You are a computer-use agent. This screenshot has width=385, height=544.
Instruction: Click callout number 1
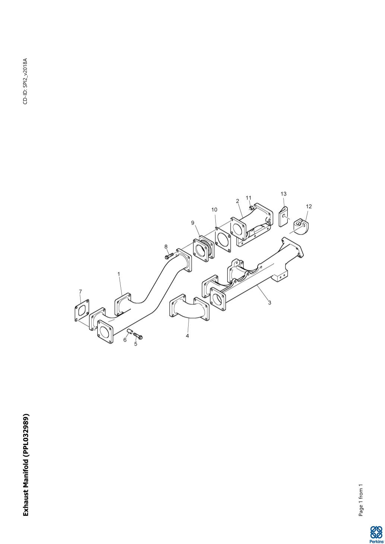pyautogui.click(x=119, y=274)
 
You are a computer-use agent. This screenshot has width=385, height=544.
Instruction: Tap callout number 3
pyautogui.click(x=270, y=302)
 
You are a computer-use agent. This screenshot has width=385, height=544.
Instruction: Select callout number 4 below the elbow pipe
pyautogui.click(x=187, y=336)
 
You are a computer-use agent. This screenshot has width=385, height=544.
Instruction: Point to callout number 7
pyautogui.click(x=81, y=291)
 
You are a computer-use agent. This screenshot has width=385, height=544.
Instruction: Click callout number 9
pyautogui.click(x=193, y=223)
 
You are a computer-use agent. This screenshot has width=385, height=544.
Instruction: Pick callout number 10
pyautogui.click(x=214, y=210)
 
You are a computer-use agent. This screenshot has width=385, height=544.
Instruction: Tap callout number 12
pyautogui.click(x=309, y=206)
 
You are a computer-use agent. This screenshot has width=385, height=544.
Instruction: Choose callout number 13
pyautogui.click(x=284, y=194)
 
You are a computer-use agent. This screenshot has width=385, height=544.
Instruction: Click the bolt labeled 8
pyautogui.click(x=169, y=256)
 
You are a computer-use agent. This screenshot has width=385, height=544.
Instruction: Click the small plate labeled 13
pyautogui.click(x=284, y=217)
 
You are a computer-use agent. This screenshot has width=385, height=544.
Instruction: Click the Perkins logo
pyautogui.click(x=376, y=534)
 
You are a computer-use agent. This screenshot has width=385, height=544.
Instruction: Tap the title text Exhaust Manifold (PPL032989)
pyautogui.click(x=26, y=465)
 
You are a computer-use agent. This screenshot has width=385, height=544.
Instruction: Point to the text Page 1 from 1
pyautogui.click(x=360, y=500)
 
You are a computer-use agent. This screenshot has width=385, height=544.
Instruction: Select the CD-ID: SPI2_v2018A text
pyautogui.click(x=25, y=81)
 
